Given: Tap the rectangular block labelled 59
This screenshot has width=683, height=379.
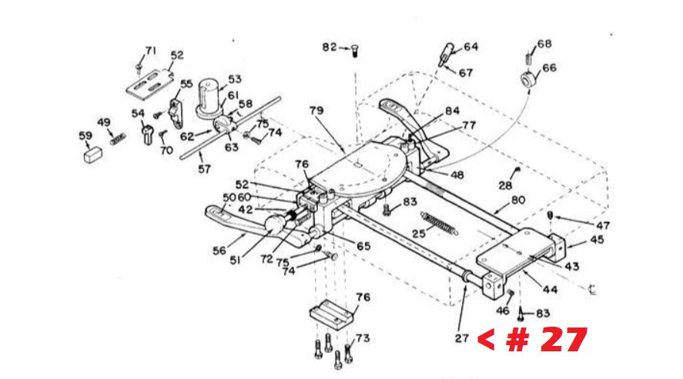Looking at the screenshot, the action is coord(92,155).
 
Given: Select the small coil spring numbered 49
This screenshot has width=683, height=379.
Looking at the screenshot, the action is coord(118,139).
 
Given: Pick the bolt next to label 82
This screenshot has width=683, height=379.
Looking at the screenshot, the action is coord(354,52).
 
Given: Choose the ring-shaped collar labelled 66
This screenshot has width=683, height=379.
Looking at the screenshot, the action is coord(529,79).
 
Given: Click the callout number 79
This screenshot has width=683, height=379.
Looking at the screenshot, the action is coord(316,111).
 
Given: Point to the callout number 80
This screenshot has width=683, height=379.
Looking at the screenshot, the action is coord(518,201).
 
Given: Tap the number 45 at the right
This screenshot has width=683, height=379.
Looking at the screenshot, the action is coord(598,240).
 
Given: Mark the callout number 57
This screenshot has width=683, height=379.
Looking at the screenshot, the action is coord(204,168).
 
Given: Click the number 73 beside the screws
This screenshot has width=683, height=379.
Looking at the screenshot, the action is coord(363,338).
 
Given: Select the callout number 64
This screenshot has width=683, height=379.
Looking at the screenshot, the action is coord(471,46).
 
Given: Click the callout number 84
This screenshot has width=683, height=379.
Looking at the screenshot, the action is coord(452,111).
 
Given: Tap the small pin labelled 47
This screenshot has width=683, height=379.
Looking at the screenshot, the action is coord(550,215).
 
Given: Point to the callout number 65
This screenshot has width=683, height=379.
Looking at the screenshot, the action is coord(363,247).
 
